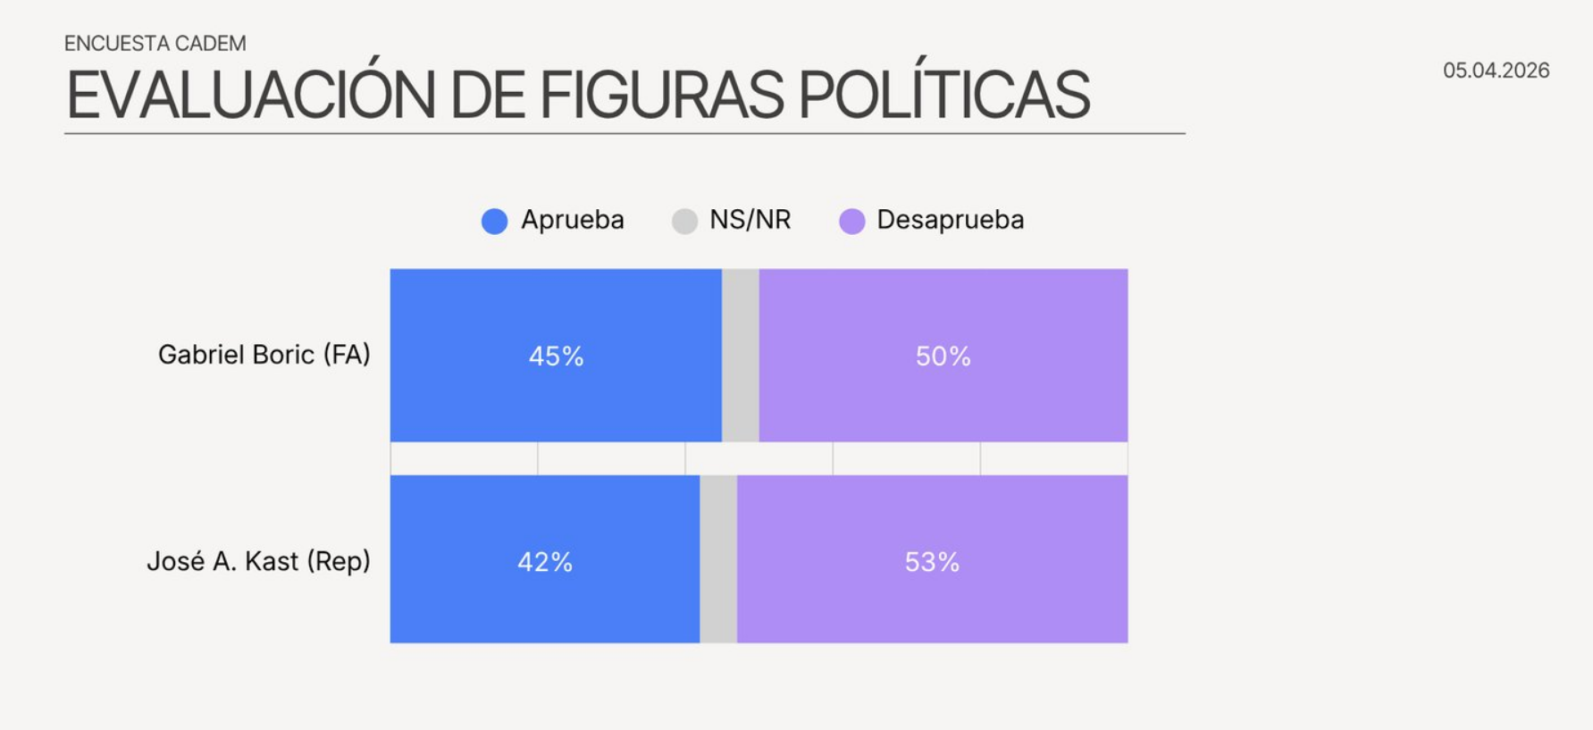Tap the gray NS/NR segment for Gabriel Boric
tap(740, 356)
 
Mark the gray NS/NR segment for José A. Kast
tap(718, 559)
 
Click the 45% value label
tap(556, 357)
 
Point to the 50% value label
tap(943, 357)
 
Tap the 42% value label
tap(545, 562)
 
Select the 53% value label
tap(932, 562)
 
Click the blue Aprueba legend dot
tap(494, 221)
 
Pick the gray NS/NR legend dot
tap(684, 221)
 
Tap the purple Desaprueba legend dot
tap(852, 221)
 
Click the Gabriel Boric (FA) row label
tap(264, 355)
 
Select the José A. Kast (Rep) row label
tap(258, 561)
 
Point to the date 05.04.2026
tap(1496, 71)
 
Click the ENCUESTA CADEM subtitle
tap(155, 43)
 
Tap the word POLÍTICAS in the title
tap(943, 95)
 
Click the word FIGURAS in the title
tap(661, 95)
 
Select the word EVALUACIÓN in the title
tap(250, 95)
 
